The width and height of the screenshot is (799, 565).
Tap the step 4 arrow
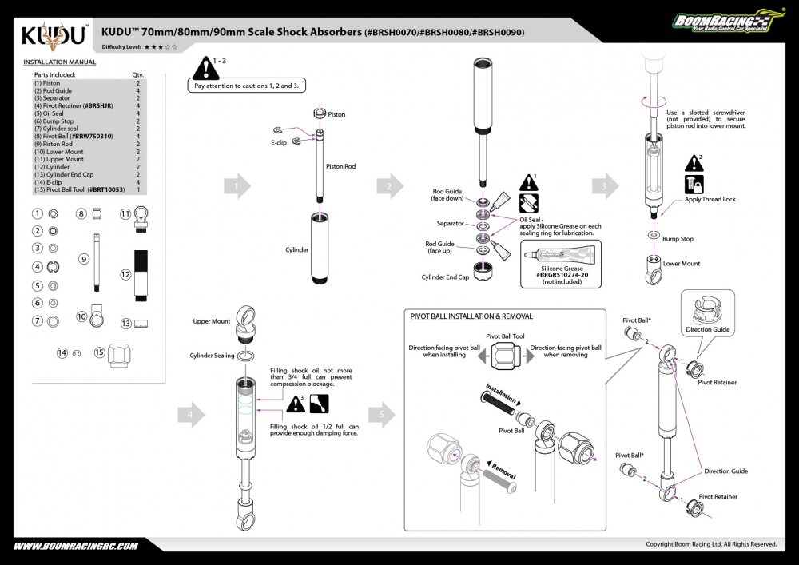(x=190, y=415)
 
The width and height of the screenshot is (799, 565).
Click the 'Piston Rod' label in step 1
(x=340, y=167)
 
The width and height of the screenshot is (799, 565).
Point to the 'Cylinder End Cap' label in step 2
(x=444, y=277)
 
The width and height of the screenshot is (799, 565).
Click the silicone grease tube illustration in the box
(x=559, y=256)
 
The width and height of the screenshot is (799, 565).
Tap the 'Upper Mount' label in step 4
(x=212, y=321)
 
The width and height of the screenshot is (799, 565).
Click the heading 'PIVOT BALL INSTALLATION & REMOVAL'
(x=471, y=316)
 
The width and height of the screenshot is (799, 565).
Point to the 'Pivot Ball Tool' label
(x=505, y=336)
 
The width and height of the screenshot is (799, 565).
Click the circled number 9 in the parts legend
(x=83, y=259)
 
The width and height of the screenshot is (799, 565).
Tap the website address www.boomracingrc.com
(x=77, y=546)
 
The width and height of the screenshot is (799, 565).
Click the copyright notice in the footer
(x=711, y=544)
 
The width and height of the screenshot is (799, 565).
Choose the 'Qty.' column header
(x=137, y=74)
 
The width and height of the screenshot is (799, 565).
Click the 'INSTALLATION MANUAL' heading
(x=60, y=62)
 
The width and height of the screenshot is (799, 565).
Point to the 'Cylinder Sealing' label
(x=212, y=356)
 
